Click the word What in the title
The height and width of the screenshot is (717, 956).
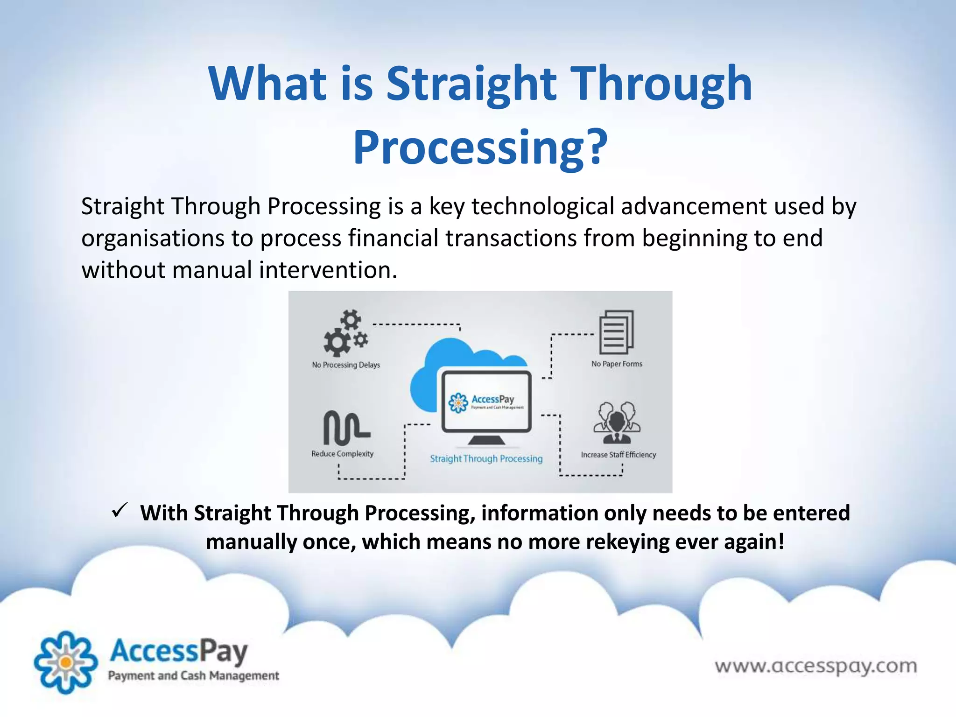tap(267, 84)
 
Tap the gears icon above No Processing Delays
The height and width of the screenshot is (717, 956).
tap(346, 332)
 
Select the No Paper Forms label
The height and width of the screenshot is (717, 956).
tap(617, 364)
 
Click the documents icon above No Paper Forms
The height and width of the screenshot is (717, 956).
tap(616, 332)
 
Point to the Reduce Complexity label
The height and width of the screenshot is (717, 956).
tap(342, 454)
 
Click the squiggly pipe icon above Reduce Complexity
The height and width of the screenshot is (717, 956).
tap(346, 428)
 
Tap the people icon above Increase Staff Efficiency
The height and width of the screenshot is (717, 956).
tap(617, 423)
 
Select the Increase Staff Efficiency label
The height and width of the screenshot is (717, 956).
tap(618, 455)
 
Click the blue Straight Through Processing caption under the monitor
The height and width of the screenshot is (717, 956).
tap(486, 458)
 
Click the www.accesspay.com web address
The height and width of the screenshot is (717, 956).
tap(815, 666)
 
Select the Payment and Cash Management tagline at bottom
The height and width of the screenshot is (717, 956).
tap(193, 675)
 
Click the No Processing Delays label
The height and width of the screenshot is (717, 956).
tap(346, 365)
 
